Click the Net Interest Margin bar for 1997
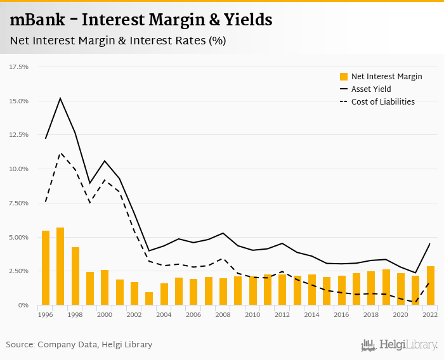pos(60,266)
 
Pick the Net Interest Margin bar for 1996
pos(46,268)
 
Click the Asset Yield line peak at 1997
pos(60,98)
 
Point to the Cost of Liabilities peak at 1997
pos(60,153)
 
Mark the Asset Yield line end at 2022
pos(430,243)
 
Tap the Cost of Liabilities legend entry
pos(382,102)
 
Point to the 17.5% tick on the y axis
pos(18,67)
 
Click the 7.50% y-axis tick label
pos(18,203)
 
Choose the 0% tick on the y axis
pos(23,305)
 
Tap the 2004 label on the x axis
pos(164,314)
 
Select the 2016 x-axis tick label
pos(342,314)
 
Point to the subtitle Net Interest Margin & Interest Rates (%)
pos(118,41)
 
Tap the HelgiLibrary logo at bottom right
pos(400,345)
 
